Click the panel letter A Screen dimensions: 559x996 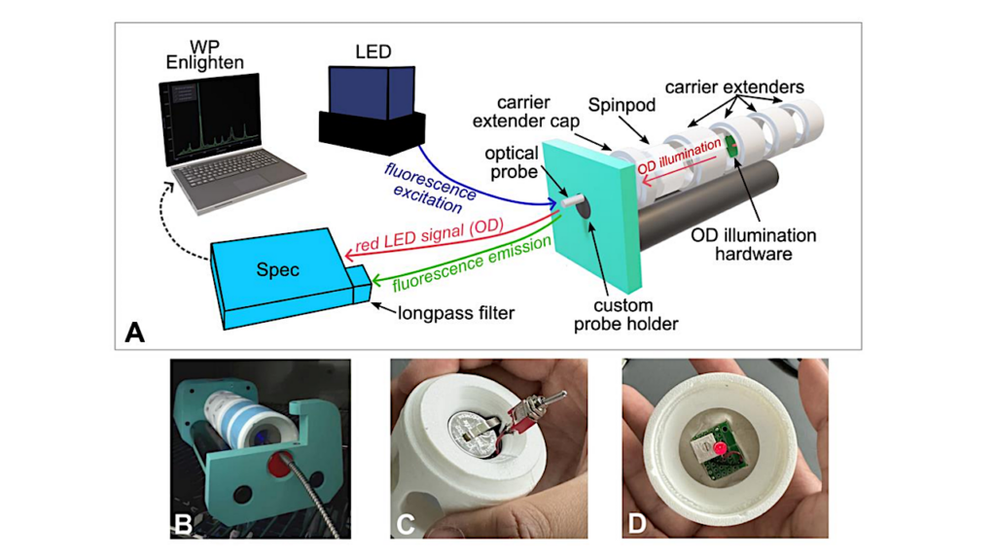135,333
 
